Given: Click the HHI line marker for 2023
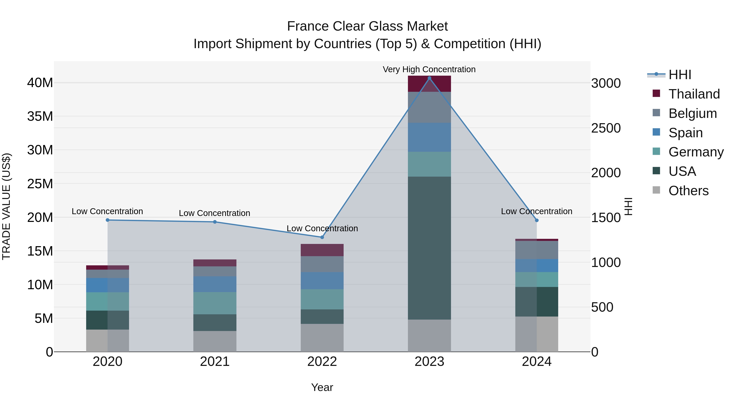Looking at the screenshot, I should tap(429, 78).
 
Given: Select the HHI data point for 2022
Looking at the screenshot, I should tap(322, 237).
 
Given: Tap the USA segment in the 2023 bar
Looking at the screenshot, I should tap(429, 248).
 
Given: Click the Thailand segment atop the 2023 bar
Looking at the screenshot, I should tap(429, 84).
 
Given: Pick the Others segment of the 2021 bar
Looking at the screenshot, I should tap(215, 341).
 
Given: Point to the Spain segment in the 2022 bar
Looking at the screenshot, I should tap(322, 281).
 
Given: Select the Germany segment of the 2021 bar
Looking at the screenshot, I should tap(215, 303).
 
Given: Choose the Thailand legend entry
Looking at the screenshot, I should tap(694, 94).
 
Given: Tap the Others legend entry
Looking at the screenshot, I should tap(688, 191).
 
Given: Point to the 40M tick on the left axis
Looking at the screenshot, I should tap(40, 83).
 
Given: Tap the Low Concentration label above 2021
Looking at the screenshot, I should tap(214, 213).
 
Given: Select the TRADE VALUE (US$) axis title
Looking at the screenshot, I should tap(6, 206).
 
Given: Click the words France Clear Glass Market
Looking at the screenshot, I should tap(367, 26).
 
